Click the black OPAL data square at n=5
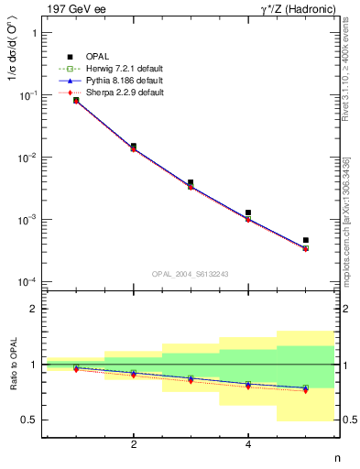click(x=305, y=240)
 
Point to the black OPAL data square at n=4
click(x=248, y=213)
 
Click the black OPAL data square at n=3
click(x=191, y=183)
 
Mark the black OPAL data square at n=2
click(x=134, y=146)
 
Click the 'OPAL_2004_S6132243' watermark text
click(x=190, y=274)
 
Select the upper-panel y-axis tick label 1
click(x=34, y=33)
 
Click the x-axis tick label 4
click(x=248, y=444)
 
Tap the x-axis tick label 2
click(x=134, y=444)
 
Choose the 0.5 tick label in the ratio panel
click(x=29, y=420)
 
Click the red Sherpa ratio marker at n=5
click(x=305, y=390)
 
